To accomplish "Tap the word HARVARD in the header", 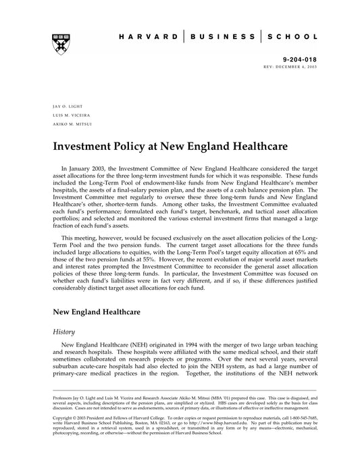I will coord(147,37).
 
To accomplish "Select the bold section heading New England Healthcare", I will coord(97,312).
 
